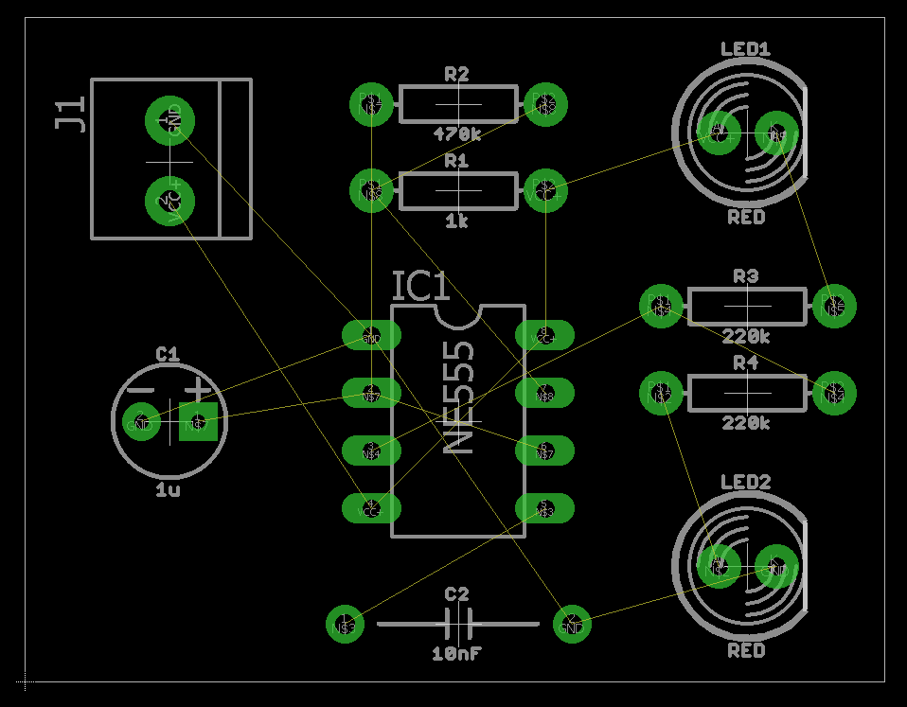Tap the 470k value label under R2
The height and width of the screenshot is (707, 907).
[x=456, y=134]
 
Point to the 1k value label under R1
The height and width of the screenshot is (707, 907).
[x=456, y=221]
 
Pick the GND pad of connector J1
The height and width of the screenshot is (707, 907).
[x=169, y=120]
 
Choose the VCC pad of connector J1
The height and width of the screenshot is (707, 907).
[x=169, y=202]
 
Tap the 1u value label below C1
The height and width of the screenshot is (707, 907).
[x=168, y=490]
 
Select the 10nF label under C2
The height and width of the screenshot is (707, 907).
[x=456, y=653]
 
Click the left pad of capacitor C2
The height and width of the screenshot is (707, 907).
[x=347, y=624]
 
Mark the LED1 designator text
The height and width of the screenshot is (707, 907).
[x=745, y=49]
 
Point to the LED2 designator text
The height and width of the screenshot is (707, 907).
[x=745, y=483]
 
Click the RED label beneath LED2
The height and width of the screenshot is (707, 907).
[x=746, y=651]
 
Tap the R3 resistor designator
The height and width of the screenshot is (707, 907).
[x=746, y=276]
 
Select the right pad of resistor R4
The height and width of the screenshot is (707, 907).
[x=833, y=392]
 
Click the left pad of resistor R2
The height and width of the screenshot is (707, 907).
[x=371, y=103]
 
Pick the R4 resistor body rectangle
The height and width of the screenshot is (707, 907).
[x=747, y=392]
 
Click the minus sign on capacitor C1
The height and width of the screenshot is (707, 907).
[x=141, y=389]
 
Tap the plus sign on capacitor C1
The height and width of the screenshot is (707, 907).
[x=198, y=388]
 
